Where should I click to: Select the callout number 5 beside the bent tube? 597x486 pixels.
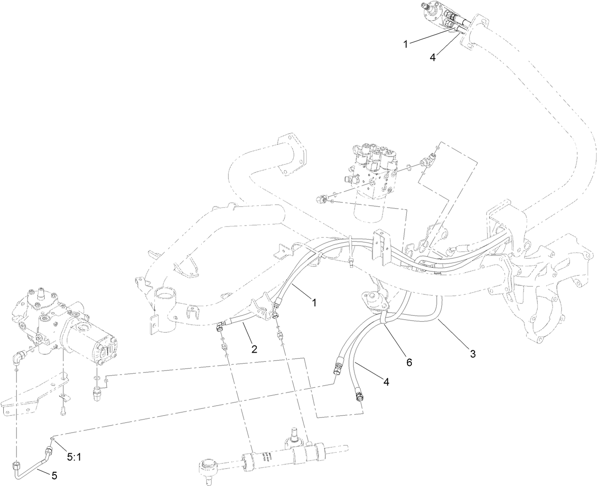54,475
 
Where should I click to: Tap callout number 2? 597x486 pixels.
254,349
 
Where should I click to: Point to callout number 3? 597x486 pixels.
472,353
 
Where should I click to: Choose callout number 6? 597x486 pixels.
409,362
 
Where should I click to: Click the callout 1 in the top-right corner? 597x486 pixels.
406,44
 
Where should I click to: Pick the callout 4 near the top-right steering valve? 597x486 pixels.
432,57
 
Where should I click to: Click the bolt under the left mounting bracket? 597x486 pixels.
63,411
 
